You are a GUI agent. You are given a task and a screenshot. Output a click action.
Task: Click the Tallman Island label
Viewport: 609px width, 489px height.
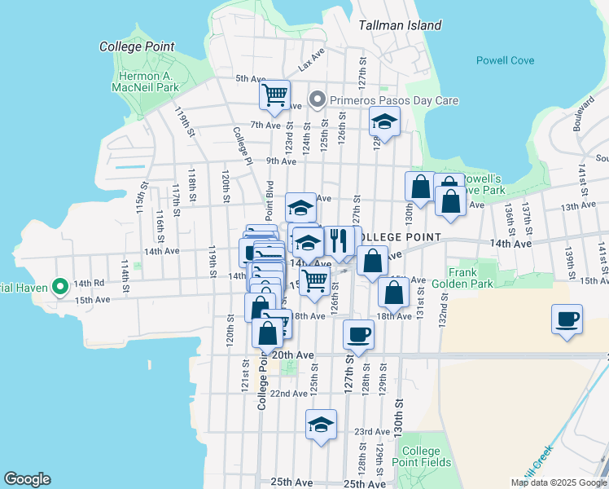401,25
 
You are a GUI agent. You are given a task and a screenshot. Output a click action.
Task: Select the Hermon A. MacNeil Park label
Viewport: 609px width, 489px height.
144,80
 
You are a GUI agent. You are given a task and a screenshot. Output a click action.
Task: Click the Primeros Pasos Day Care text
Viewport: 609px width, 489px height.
393,101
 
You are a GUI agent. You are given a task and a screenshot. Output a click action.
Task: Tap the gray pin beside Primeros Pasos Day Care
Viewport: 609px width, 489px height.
317,101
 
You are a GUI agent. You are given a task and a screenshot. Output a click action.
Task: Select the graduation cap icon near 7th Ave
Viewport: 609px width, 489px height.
384,123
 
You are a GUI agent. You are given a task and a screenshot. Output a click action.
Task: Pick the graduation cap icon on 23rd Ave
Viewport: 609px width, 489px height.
322,424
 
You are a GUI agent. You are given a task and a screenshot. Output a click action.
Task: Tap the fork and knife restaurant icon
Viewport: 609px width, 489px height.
338,240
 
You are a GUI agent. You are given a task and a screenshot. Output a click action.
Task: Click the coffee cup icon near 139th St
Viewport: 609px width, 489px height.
567,319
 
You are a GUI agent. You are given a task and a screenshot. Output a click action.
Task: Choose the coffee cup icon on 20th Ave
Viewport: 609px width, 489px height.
358,333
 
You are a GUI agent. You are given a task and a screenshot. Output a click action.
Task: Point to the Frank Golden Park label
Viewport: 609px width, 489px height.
471,278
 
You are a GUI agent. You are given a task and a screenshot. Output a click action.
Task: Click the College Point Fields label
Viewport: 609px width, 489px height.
422,456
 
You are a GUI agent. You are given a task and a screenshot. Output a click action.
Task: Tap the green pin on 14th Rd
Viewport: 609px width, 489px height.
59,287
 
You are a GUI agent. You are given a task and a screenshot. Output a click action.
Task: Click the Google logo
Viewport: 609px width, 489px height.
27,479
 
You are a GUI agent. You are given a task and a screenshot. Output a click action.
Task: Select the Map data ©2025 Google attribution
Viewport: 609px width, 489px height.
558,482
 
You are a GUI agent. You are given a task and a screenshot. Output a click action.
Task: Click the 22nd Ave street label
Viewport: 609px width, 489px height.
289,394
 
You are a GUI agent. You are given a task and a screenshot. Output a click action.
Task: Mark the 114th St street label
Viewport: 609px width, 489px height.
125,275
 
